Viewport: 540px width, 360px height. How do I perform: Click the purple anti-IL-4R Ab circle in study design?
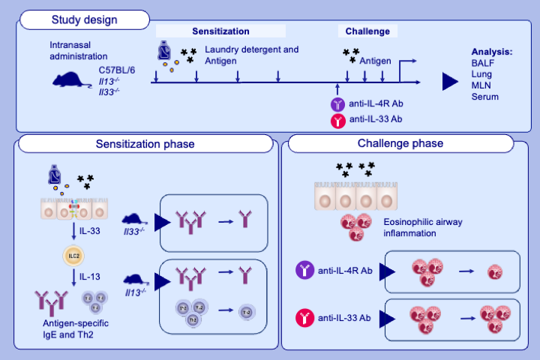pos(338,105)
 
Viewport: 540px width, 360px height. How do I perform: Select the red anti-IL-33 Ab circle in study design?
pos(338,119)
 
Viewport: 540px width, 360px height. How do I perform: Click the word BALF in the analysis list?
pos(482,63)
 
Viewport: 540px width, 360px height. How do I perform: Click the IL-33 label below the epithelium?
pos(91,232)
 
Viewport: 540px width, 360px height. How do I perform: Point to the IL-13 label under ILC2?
pos(91,276)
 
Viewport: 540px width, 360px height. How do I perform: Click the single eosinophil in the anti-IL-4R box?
pos(494,271)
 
